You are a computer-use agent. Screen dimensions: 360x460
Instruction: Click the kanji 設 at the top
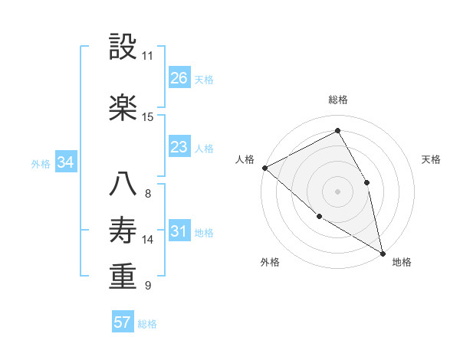(123, 47)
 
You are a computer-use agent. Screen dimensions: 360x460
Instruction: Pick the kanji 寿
(123, 231)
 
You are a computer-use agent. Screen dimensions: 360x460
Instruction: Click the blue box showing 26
(179, 78)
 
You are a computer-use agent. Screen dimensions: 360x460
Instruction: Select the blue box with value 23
(179, 147)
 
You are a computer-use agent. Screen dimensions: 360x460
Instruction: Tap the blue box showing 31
(179, 232)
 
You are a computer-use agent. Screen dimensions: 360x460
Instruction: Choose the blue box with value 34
(65, 162)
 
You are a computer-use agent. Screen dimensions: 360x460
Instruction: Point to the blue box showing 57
(123, 322)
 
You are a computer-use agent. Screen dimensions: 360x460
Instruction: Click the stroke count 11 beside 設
(147, 56)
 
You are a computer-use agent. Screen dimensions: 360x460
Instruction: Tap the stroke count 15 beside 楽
(147, 116)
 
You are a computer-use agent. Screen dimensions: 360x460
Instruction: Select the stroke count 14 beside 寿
(147, 240)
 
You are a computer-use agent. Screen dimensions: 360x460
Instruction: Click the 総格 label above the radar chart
(338, 100)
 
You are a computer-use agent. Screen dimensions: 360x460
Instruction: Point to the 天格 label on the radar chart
(431, 159)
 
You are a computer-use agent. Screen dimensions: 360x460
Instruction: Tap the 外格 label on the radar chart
(270, 262)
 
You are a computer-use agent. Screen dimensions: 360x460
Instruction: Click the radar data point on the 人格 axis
(264, 168)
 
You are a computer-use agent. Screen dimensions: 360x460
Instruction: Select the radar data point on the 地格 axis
(383, 252)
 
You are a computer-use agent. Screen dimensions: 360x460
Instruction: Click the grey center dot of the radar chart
(338, 191)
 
